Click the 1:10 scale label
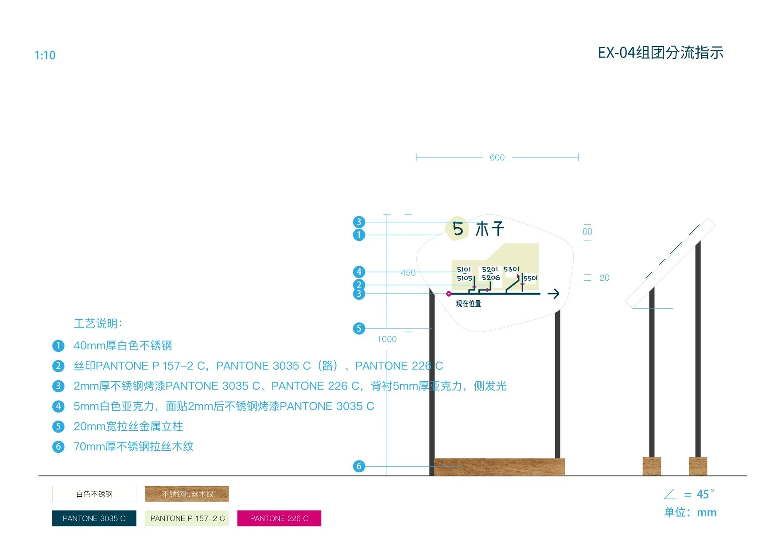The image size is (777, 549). tap(45, 55)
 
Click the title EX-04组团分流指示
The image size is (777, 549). tap(660, 53)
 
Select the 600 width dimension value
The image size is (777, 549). tap(497, 158)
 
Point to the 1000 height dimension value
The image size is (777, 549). tap(387, 339)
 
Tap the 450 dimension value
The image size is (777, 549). tap(408, 273)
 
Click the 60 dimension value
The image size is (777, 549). tap(587, 232)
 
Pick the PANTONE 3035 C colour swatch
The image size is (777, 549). tap(94, 518)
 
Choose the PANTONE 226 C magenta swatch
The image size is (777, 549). tap(279, 518)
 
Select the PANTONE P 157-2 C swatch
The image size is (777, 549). tap(187, 518)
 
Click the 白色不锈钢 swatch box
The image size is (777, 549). tap(94, 494)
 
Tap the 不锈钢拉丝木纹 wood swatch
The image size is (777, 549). tap(187, 494)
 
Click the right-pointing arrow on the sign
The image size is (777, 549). tap(553, 294)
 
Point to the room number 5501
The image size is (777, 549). tap(530, 278)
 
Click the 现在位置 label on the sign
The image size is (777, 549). tap(468, 304)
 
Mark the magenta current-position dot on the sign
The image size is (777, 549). tap(449, 294)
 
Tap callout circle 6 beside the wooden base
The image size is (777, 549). tap(359, 466)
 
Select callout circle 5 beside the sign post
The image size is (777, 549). tap(359, 329)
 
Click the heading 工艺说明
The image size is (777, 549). tap(98, 324)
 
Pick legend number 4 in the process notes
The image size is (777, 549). tap(58, 406)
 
